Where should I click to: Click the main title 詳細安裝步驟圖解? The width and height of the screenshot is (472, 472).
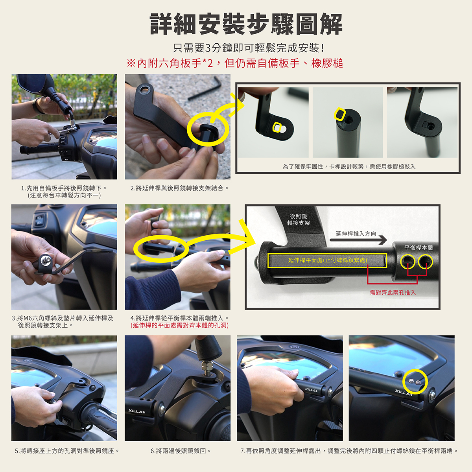tap(246, 24)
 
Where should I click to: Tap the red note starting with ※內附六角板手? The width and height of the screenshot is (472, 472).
tap(235, 63)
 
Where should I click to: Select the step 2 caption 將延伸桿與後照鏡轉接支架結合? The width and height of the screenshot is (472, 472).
tap(179, 188)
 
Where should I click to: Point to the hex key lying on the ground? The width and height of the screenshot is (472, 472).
tap(204, 88)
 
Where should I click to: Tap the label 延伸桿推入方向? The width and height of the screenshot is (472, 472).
tap(356, 234)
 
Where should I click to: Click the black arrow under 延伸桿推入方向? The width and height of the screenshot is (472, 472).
tap(358, 240)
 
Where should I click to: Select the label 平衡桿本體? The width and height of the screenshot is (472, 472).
tap(419, 248)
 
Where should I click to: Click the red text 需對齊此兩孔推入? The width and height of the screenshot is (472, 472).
tap(393, 293)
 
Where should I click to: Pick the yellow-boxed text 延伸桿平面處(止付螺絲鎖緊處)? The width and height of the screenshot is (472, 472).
tap(328, 260)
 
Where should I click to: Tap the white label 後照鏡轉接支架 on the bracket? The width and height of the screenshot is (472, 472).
tap(298, 219)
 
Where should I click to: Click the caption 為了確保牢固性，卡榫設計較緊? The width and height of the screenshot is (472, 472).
tap(349, 166)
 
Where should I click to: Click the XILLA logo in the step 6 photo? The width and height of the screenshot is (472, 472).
tap(136, 411)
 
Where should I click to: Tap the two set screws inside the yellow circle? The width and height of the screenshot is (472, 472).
tap(415, 381)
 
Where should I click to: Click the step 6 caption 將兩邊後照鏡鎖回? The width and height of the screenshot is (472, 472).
tap(181, 451)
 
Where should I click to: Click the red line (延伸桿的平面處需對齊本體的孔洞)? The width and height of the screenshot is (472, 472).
tap(179, 325)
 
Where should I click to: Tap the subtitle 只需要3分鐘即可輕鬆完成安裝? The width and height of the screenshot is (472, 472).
tap(249, 48)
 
